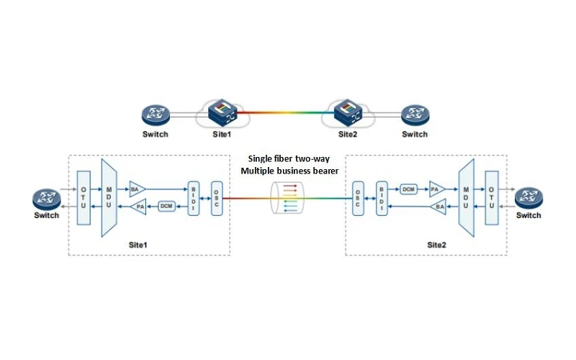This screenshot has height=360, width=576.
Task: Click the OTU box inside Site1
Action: [84, 197]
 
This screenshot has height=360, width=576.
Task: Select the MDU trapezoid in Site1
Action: [109, 197]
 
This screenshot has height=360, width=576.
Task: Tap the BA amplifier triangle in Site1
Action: [138, 189]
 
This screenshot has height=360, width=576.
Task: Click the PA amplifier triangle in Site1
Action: [138, 207]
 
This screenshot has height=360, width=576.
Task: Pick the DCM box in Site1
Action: [166, 206]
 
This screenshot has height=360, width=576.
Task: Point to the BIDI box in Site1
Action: [194, 198]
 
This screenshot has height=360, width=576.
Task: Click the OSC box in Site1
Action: [217, 198]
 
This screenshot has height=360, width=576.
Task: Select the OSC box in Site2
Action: [358, 198]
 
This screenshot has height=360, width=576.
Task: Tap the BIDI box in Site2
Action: [382, 198]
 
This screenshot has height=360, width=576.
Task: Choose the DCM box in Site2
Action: [408, 189]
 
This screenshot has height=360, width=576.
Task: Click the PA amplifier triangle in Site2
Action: [438, 189]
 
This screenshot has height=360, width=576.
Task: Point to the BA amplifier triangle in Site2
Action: [438, 207]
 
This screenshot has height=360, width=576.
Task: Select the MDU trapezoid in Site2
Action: [466, 197]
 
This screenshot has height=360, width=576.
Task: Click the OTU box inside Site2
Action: [492, 197]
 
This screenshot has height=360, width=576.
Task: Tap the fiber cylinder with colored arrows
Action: [287, 197]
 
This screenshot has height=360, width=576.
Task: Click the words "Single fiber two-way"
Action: [289, 158]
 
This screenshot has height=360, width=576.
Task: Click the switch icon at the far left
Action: [47, 199]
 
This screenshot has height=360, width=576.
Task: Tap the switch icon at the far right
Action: [528, 199]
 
